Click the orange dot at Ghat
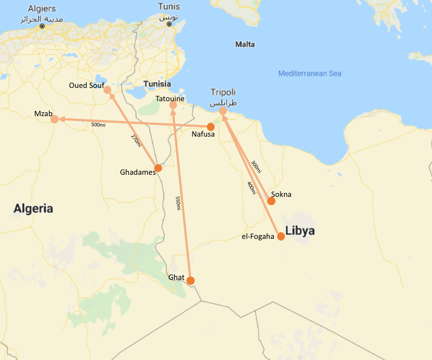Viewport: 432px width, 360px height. (x=190, y=280)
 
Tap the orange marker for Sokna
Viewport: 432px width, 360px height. (x=271, y=201)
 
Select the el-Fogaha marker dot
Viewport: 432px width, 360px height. (x=281, y=237)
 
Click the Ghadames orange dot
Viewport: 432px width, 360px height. (x=158, y=168)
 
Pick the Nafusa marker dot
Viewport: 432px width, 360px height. (x=210, y=127)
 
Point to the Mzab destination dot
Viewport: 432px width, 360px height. (x=54, y=119)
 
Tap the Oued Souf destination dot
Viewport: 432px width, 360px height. (x=107, y=90)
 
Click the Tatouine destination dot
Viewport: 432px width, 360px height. (x=173, y=105)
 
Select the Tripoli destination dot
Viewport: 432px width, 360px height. (x=223, y=111)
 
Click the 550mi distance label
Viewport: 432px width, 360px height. (x=178, y=203)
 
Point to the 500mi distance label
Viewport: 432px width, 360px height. (x=98, y=125)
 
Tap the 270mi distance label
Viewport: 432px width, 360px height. (x=136, y=140)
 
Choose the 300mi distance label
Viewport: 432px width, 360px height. (x=255, y=168)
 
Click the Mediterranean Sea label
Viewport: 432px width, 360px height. (x=310, y=74)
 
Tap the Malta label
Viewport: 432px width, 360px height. (x=245, y=44)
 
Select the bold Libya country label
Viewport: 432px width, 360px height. (x=300, y=231)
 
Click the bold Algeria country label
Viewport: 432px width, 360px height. (x=33, y=209)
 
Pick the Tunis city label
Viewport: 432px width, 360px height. (x=169, y=7)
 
